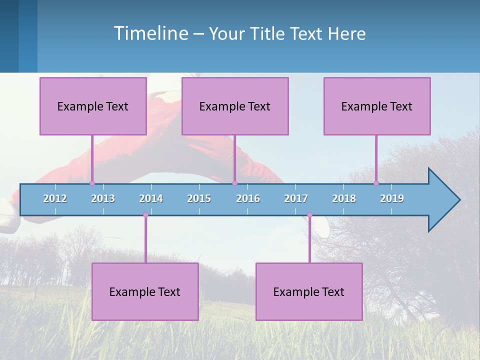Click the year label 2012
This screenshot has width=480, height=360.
click(x=55, y=198)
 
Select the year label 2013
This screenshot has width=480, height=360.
click(x=103, y=198)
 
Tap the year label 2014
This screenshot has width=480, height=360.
click(x=151, y=198)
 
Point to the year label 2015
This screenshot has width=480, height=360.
click(x=199, y=198)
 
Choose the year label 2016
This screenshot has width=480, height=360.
click(x=248, y=198)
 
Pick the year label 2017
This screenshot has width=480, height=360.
click(x=296, y=198)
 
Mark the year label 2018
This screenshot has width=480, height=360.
click(x=344, y=198)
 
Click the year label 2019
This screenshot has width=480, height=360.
click(x=392, y=198)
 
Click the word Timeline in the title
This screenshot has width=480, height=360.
click(x=150, y=33)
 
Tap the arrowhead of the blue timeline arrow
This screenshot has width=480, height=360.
click(x=443, y=200)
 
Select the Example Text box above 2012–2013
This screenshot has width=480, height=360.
click(x=93, y=106)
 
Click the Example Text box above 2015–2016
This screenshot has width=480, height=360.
click(x=235, y=106)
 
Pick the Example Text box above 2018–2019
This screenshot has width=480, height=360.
click(x=377, y=106)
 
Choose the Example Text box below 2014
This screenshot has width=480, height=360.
click(x=145, y=291)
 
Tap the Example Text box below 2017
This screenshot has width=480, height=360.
click(x=309, y=291)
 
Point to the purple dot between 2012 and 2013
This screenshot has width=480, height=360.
click(x=92, y=183)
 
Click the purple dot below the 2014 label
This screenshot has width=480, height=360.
click(x=145, y=215)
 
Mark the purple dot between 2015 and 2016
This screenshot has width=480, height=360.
click(x=234, y=183)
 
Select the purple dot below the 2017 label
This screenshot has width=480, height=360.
click(x=309, y=215)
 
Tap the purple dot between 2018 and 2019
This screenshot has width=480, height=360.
click(x=376, y=183)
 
